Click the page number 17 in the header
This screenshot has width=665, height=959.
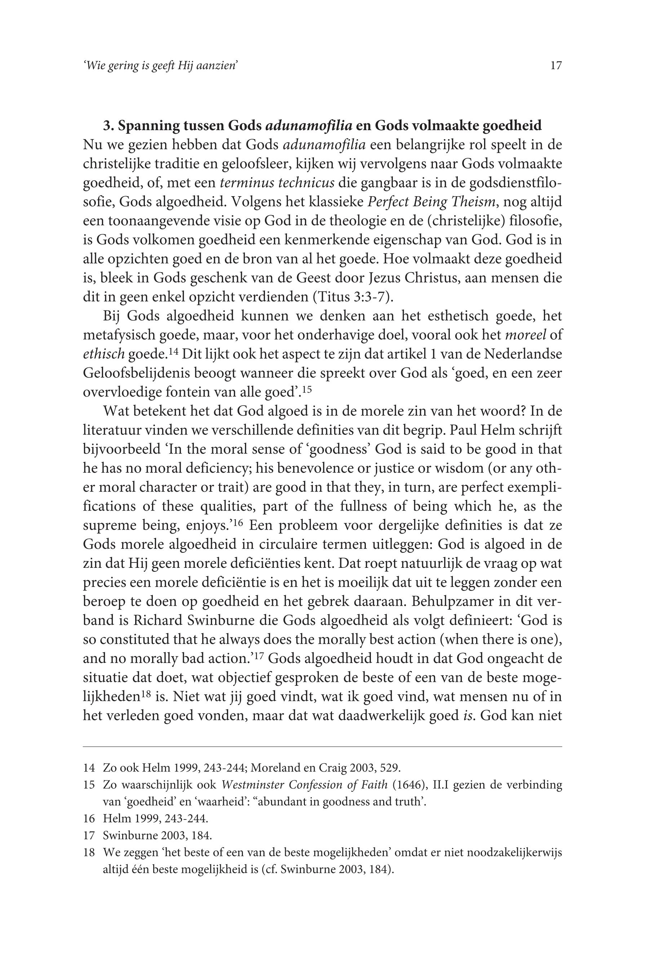pos(556,65)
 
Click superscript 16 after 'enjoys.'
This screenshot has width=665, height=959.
pos(238,522)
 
